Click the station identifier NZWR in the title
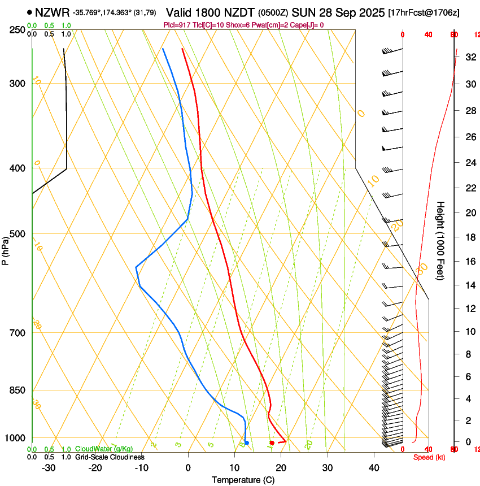pyautogui.click(x=52, y=12)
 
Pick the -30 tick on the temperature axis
pyautogui.click(x=49, y=468)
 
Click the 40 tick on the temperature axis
pyautogui.click(x=374, y=468)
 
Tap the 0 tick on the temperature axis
pyautogui.click(x=188, y=468)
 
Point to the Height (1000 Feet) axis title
pyautogui.click(x=441, y=240)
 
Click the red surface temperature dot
pyautogui.click(x=272, y=442)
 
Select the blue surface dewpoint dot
pyautogui.click(x=247, y=442)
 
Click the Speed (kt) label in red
pyautogui.click(x=429, y=457)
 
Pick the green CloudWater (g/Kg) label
pyautogui.click(x=103, y=449)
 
